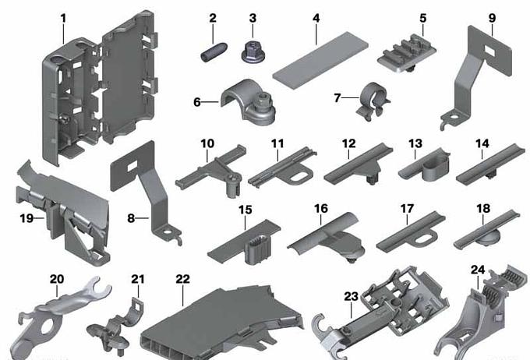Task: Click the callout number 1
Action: (63, 18)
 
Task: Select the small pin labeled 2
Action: (214, 53)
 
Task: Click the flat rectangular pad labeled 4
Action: (320, 60)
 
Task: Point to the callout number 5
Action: (423, 18)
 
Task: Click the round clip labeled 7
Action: (373, 101)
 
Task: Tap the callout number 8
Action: (131, 218)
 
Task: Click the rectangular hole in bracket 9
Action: (489, 50)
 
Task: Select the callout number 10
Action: (207, 143)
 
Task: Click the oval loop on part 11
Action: (300, 176)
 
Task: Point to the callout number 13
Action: (415, 143)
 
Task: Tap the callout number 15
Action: (246, 210)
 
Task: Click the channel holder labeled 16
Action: (326, 238)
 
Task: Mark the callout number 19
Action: (26, 218)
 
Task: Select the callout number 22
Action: (183, 279)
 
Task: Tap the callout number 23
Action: (352, 297)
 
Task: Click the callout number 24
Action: (478, 270)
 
